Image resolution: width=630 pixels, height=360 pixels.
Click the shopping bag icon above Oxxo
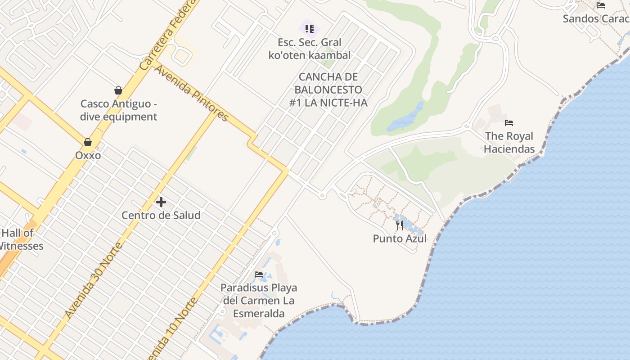pyautogui.click(x=88, y=142)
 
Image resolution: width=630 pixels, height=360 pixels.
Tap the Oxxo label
pyautogui.click(x=88, y=155)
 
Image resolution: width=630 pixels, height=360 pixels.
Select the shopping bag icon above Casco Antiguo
pyautogui.click(x=118, y=90)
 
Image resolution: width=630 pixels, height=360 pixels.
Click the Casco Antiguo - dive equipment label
pyautogui.click(x=119, y=110)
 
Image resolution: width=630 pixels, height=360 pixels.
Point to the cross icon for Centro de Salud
pyautogui.click(x=161, y=202)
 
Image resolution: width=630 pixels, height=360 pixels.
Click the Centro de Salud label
pyautogui.click(x=161, y=215)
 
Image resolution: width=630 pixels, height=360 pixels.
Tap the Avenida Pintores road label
pyautogui.click(x=192, y=94)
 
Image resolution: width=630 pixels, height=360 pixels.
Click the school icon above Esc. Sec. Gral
pyautogui.click(x=310, y=29)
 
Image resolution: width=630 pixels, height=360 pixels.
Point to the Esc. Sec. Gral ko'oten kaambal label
pyautogui.click(x=310, y=49)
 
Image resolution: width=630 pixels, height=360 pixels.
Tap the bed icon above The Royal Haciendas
pyautogui.click(x=509, y=122)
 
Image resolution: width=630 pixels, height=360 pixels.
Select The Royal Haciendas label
pyautogui.click(x=509, y=142)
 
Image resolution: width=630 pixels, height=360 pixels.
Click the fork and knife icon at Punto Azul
pyautogui.click(x=400, y=225)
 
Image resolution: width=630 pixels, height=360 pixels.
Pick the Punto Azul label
pyautogui.click(x=400, y=238)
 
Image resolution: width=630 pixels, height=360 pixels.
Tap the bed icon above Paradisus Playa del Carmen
pyautogui.click(x=259, y=274)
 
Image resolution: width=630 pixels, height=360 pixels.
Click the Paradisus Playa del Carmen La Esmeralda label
pyautogui.click(x=259, y=300)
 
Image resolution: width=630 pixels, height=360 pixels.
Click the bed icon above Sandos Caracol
pyautogui.click(x=601, y=5)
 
